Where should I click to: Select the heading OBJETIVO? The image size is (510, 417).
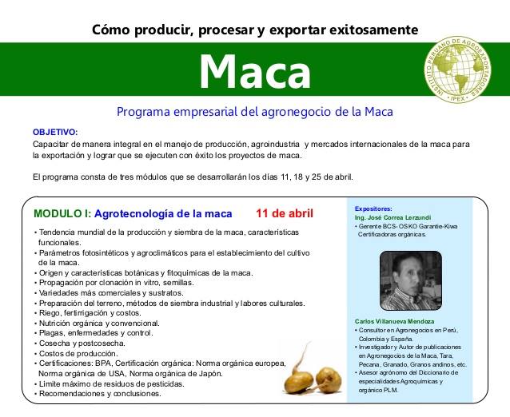[55, 130]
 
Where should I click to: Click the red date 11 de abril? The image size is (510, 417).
[285, 214]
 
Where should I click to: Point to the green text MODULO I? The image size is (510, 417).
[62, 214]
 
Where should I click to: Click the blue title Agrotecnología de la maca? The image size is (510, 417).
[163, 214]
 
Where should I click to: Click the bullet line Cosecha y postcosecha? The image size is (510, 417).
[84, 343]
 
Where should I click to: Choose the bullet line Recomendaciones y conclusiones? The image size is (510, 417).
[94, 393]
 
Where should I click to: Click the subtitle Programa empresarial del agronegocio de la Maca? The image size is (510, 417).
[254, 111]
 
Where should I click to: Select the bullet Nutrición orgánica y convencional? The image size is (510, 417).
[99, 323]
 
